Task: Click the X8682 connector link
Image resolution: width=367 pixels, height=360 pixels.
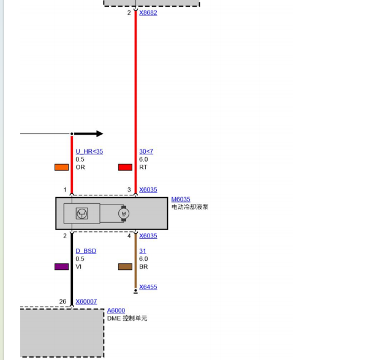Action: [x=148, y=13]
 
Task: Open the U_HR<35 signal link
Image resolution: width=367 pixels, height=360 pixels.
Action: [x=89, y=151]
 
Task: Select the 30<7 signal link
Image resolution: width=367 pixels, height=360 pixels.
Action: [x=146, y=151]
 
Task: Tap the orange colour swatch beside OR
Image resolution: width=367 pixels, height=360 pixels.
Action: [x=61, y=167]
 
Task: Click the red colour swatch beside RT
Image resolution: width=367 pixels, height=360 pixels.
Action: [x=125, y=167]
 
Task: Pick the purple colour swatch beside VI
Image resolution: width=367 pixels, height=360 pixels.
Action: [x=61, y=267]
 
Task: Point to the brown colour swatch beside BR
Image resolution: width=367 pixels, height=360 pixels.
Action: [x=125, y=267]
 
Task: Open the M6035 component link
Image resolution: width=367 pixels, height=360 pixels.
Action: [x=181, y=200]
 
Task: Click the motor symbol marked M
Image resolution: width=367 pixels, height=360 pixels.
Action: [x=124, y=213]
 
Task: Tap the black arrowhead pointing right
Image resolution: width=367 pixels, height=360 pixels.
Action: [x=99, y=134]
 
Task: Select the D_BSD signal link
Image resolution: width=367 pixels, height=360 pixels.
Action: [x=86, y=251]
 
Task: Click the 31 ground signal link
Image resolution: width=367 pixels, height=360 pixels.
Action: [x=143, y=251]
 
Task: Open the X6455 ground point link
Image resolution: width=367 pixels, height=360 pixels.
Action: [x=148, y=287]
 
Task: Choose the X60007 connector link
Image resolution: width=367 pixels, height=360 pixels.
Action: [x=86, y=301]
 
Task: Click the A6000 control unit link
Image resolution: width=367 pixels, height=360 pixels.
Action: [x=116, y=310]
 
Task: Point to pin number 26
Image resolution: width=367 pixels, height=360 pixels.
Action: [x=62, y=301]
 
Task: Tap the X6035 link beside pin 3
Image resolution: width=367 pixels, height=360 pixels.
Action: [x=148, y=190]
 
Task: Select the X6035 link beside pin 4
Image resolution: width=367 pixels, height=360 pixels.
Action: [x=148, y=236]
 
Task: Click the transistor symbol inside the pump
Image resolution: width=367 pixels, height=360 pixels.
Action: [x=82, y=213]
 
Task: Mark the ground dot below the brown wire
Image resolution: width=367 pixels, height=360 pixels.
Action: [x=135, y=291]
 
